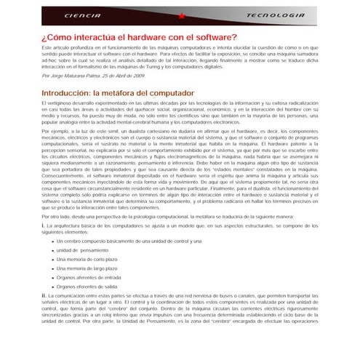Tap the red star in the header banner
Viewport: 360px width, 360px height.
tap(182, 15)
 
